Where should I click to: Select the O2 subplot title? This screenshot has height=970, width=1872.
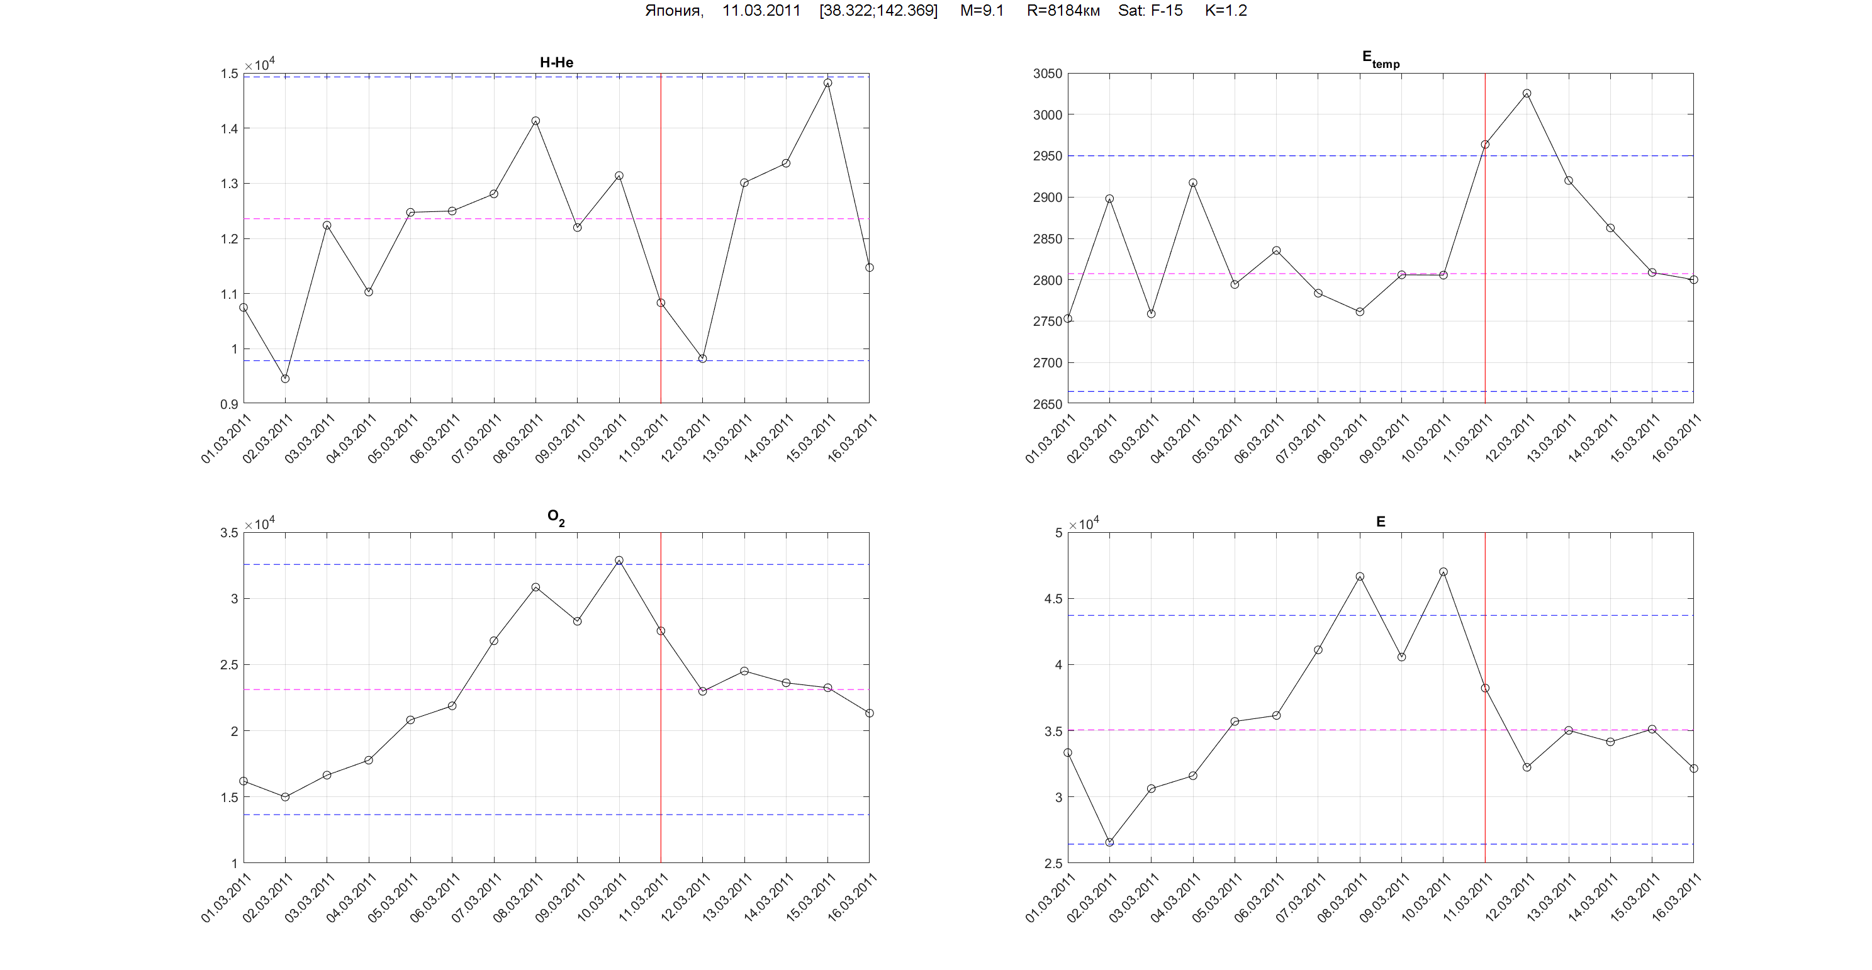pyautogui.click(x=556, y=517)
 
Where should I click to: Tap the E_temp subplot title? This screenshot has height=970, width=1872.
pyautogui.click(x=1380, y=60)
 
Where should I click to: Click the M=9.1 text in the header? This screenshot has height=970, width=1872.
pyautogui.click(x=981, y=11)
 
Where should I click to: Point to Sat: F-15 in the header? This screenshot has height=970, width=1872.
pyautogui.click(x=1150, y=11)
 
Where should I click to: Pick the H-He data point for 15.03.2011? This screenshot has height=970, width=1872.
pyautogui.click(x=827, y=83)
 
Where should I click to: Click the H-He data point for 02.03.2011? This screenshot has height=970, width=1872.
pyautogui.click(x=285, y=379)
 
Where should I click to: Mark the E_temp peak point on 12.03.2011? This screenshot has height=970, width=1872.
pyautogui.click(x=1527, y=94)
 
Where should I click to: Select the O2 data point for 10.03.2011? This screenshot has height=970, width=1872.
pyautogui.click(x=619, y=560)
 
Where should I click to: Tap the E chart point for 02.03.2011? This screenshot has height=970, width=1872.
pyautogui.click(x=1109, y=842)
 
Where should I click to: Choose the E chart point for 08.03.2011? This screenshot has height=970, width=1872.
pyautogui.click(x=1360, y=576)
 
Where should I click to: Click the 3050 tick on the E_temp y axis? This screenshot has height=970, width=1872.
pyautogui.click(x=1047, y=74)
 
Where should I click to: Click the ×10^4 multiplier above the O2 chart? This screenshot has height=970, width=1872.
pyautogui.click(x=259, y=524)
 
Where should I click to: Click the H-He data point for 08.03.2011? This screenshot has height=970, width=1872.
pyautogui.click(x=535, y=121)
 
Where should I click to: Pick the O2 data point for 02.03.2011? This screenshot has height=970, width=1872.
pyautogui.click(x=285, y=797)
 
